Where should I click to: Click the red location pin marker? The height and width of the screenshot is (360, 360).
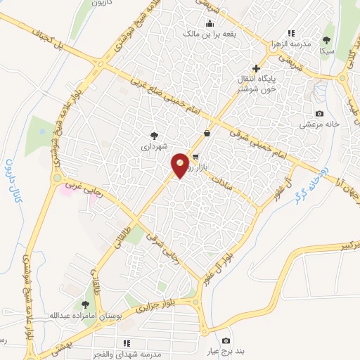point(180,165)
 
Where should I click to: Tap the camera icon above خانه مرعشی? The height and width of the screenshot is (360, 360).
point(319,114)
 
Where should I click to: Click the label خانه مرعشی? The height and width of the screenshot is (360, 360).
point(320,124)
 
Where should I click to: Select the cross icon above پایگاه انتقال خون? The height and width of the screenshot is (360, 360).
point(257,70)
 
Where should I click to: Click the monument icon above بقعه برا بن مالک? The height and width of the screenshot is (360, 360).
point(210,23)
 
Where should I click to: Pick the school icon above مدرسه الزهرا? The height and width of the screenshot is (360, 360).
point(290,33)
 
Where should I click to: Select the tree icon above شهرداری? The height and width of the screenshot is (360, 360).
point(154,134)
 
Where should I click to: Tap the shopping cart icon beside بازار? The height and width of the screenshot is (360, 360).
point(195,157)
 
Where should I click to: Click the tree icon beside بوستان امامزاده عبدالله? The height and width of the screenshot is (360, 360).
point(85,304)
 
